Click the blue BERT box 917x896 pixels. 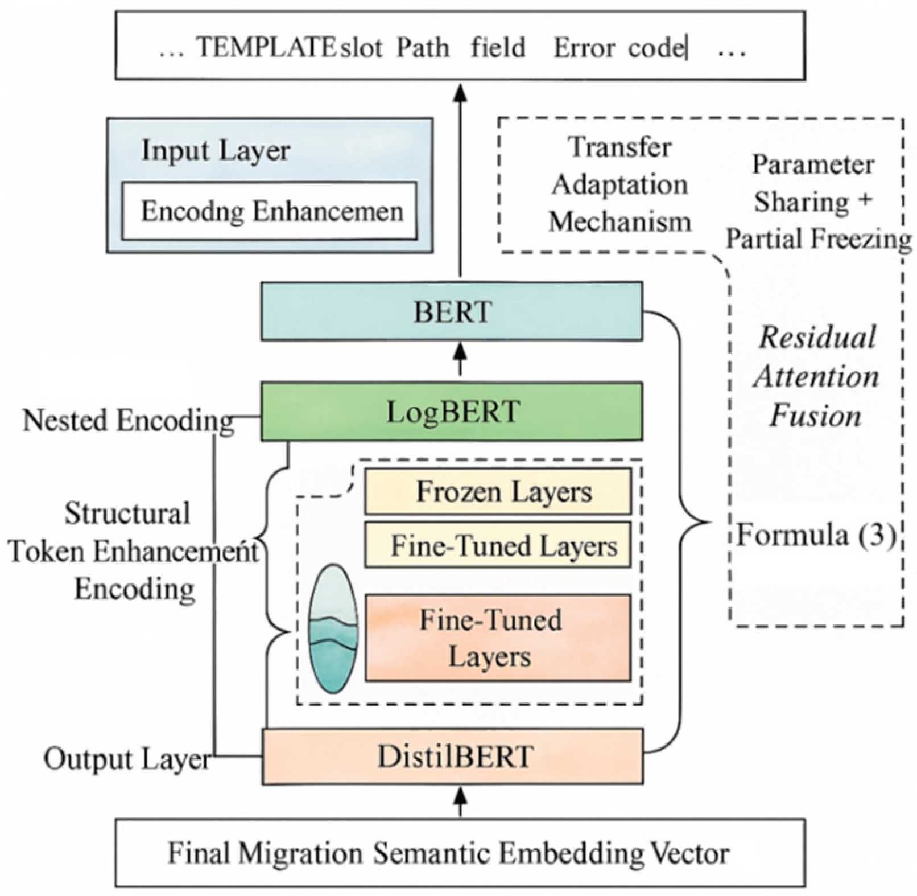[x=452, y=311]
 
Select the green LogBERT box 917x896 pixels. [x=452, y=412]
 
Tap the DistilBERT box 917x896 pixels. [x=453, y=757]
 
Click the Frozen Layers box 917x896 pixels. [x=498, y=491]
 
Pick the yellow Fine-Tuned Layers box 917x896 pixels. [x=498, y=545]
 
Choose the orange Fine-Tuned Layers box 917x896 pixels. [x=498, y=638]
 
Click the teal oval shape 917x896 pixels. [x=333, y=628]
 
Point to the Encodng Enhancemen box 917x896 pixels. [x=270, y=211]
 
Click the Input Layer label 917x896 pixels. [x=216, y=150]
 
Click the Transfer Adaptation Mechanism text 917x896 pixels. [x=620, y=184]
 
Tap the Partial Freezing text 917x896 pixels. [x=818, y=239]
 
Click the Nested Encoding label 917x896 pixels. [x=128, y=421]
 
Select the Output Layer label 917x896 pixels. [x=127, y=758]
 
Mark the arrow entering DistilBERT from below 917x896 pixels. [x=460, y=800]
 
